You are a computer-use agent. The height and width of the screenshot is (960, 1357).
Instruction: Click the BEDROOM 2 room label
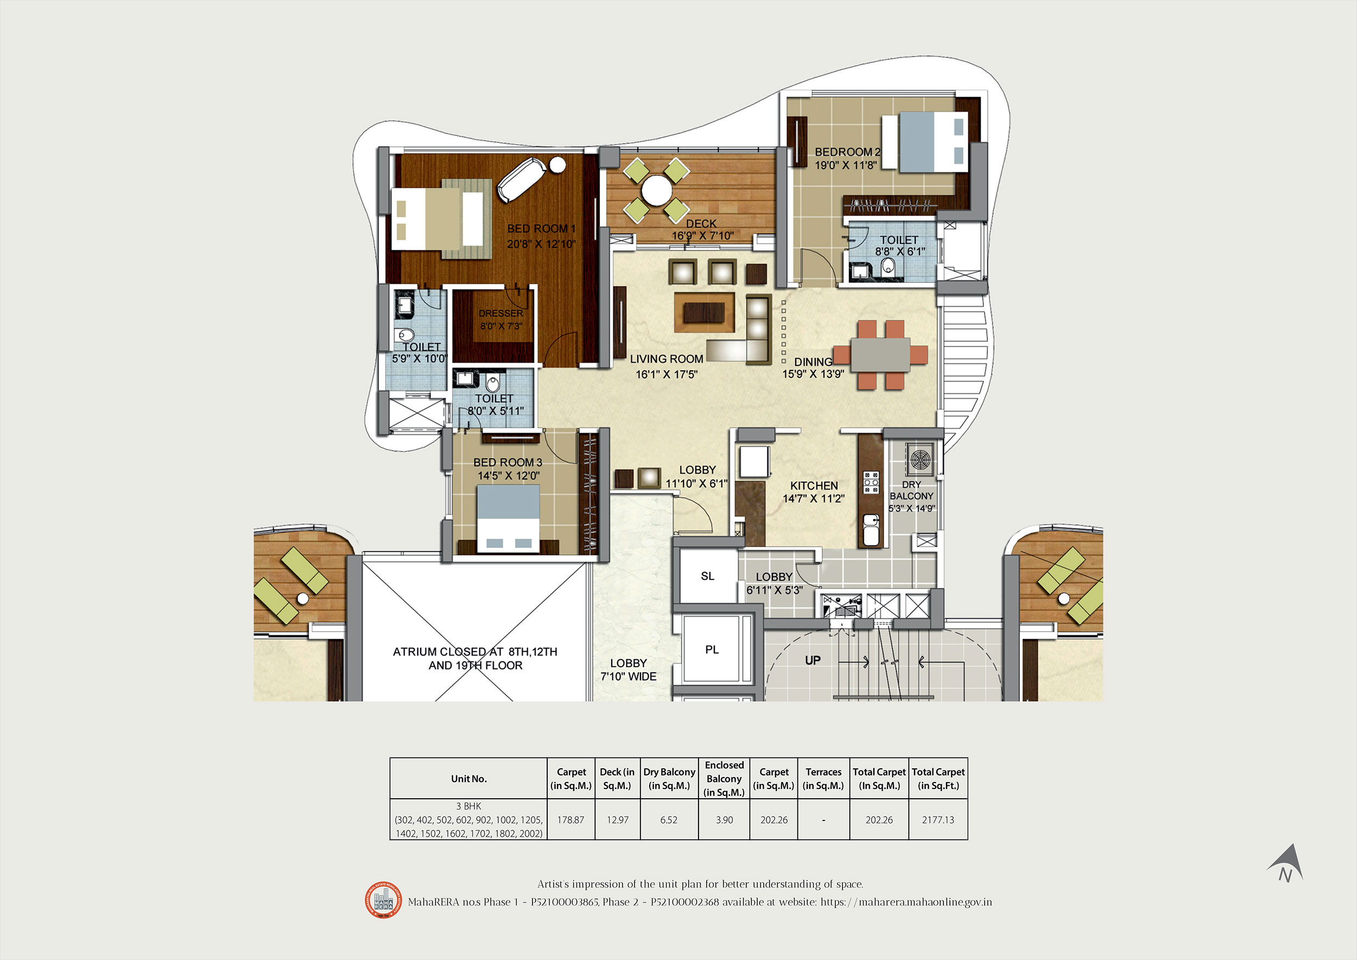click(x=847, y=152)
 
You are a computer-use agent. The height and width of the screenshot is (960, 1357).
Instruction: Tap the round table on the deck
click(x=657, y=191)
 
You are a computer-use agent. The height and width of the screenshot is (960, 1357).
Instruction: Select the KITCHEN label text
click(x=814, y=485)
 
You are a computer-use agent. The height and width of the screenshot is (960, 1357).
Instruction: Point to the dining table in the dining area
click(x=880, y=355)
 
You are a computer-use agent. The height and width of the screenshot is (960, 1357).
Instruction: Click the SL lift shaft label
click(x=707, y=576)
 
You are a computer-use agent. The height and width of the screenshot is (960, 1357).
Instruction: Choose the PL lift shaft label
click(x=712, y=649)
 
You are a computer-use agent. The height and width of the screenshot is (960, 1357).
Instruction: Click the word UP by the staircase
click(x=813, y=660)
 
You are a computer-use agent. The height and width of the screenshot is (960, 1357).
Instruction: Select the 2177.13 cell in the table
click(x=938, y=820)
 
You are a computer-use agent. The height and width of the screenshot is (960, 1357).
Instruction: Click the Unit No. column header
click(x=468, y=779)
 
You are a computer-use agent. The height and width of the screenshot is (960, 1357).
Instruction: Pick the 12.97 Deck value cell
click(x=618, y=820)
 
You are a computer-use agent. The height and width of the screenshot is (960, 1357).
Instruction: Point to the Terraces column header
click(x=823, y=779)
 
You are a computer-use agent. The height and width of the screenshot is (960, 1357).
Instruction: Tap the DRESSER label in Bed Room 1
click(x=500, y=313)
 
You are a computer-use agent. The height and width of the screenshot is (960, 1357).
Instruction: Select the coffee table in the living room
click(x=705, y=312)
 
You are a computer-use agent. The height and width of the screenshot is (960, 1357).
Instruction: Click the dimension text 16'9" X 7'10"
click(x=703, y=235)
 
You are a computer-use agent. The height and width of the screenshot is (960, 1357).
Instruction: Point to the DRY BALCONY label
click(x=911, y=490)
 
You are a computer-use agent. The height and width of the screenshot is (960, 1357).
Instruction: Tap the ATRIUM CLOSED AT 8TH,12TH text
click(x=475, y=652)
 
